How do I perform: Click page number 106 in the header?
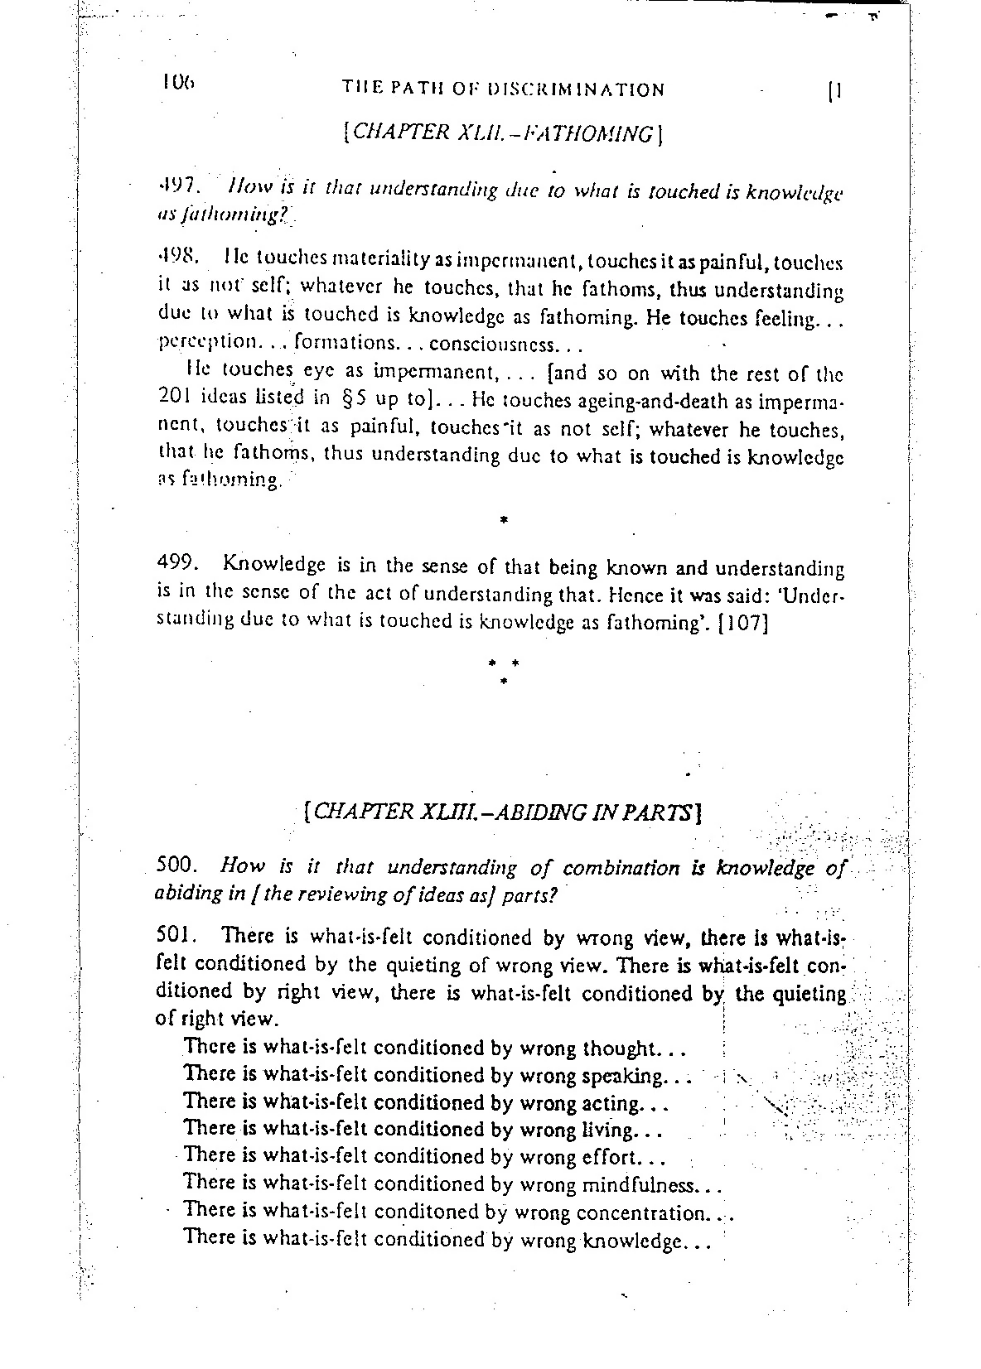click(177, 82)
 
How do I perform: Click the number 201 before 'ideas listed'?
click(174, 400)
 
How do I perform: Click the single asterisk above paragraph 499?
click(504, 521)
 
